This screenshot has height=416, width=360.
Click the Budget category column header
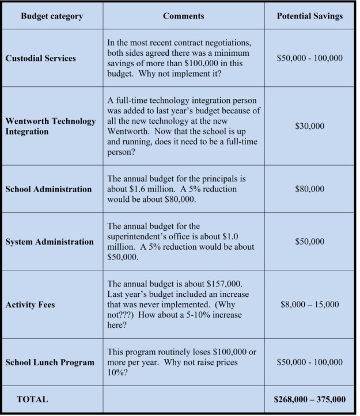click(x=52, y=16)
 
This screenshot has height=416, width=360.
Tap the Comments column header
click(x=184, y=16)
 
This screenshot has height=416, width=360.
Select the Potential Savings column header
click(x=309, y=16)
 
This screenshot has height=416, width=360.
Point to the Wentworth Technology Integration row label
click(x=51, y=126)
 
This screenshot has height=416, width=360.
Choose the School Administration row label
click(x=48, y=189)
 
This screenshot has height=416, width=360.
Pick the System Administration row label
click(x=49, y=242)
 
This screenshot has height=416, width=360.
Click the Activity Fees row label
click(x=31, y=304)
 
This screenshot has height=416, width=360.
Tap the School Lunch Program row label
click(x=50, y=362)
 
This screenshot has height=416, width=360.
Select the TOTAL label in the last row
click(x=32, y=399)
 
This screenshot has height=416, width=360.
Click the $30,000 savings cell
click(x=309, y=126)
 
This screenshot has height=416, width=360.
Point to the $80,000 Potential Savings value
click(x=309, y=189)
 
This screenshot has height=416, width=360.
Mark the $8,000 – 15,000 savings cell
click(x=309, y=304)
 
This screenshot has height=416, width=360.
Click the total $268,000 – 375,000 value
click(x=309, y=399)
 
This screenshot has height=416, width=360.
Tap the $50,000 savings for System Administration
click(x=309, y=242)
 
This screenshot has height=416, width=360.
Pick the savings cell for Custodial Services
click(x=309, y=58)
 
